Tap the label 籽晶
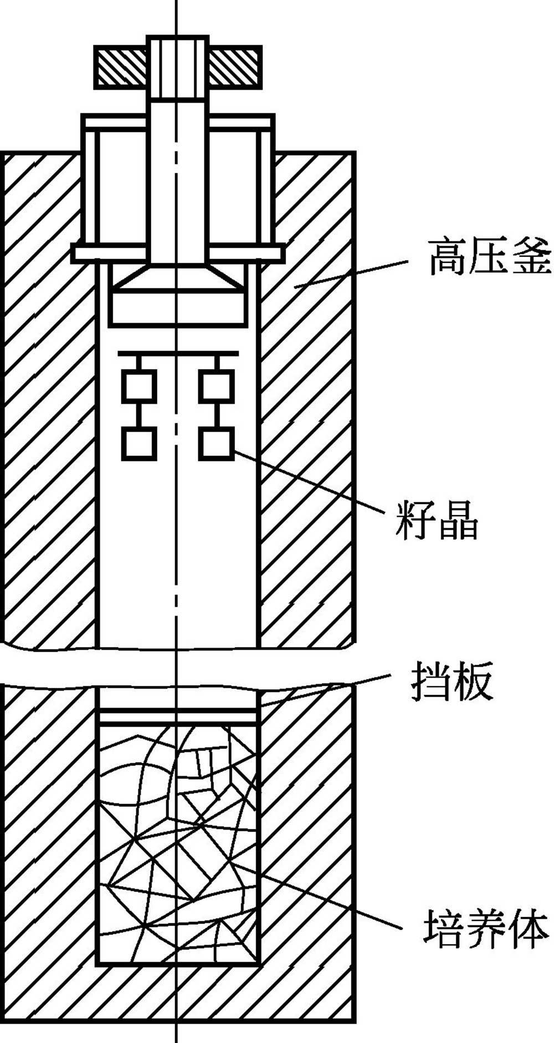[x=437, y=520]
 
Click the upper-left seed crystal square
[x=138, y=387]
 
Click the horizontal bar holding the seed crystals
[x=177, y=353]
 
